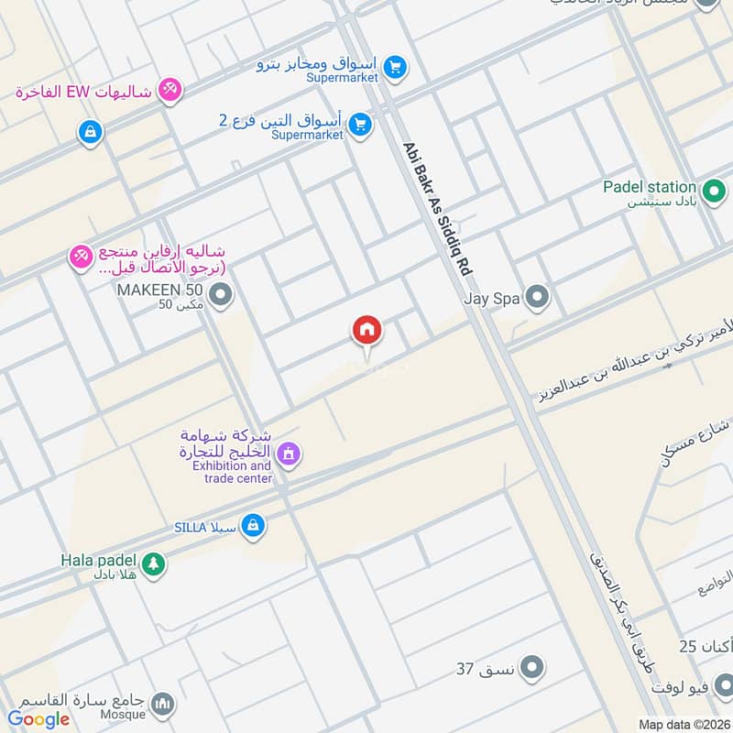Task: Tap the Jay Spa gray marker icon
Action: (539, 297)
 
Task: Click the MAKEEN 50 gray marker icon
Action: (219, 296)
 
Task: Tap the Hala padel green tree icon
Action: (153, 564)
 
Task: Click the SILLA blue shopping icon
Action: (255, 527)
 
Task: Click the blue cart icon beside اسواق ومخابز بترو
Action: (395, 67)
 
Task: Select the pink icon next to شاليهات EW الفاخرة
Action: (170, 90)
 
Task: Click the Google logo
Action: (38, 719)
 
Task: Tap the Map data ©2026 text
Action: (683, 725)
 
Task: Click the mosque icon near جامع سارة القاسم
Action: (163, 704)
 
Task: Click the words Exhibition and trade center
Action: (232, 472)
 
